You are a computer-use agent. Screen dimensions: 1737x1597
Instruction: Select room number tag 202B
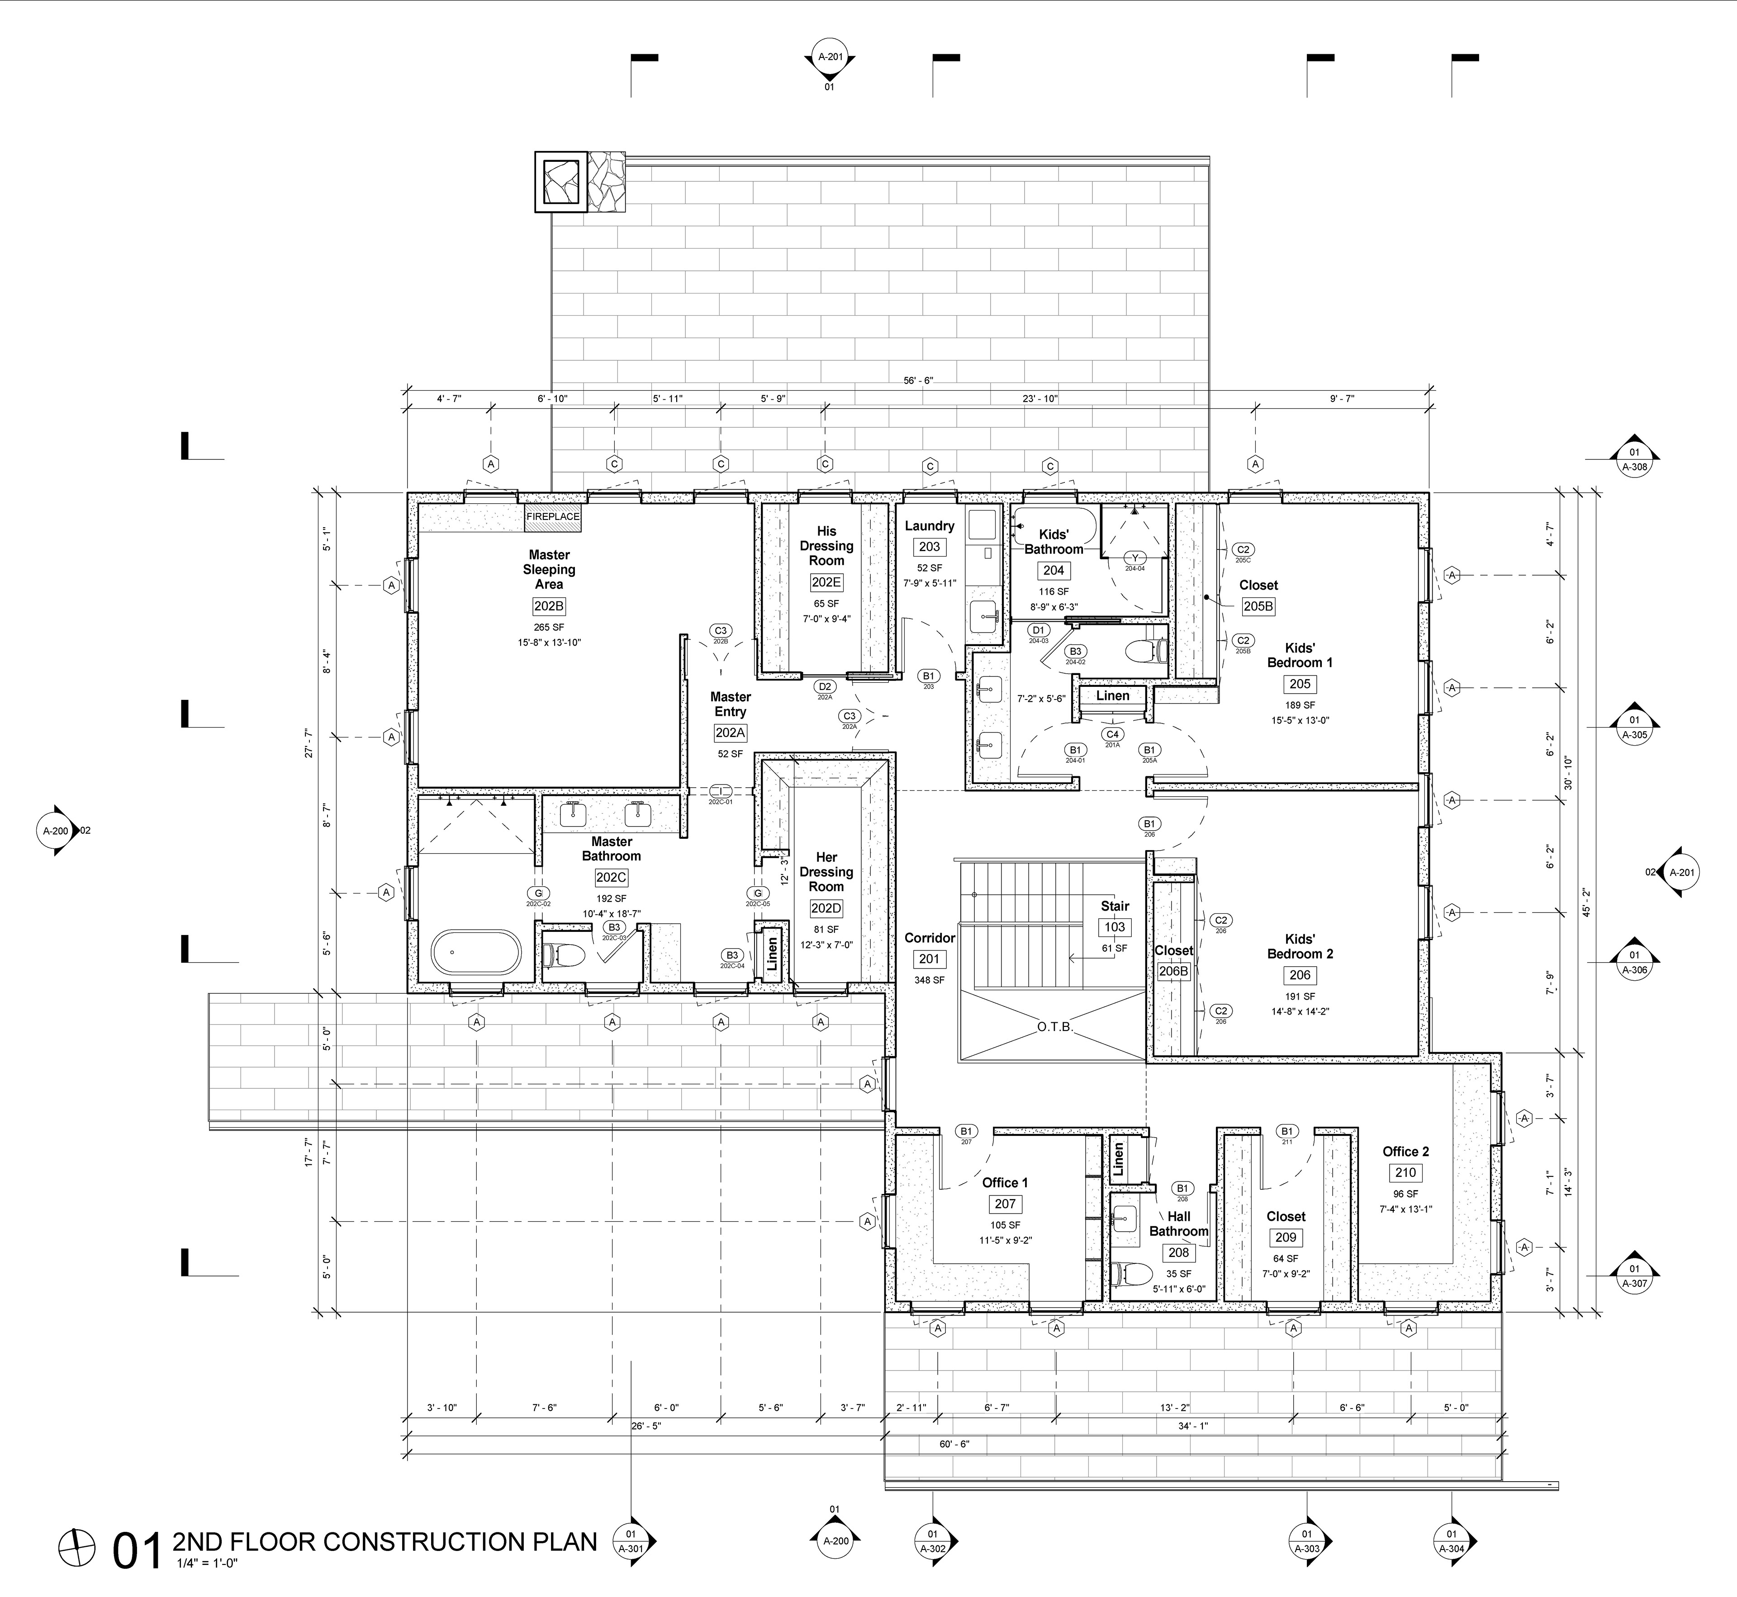point(549,607)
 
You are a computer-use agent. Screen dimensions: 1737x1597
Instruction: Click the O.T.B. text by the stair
point(1055,1027)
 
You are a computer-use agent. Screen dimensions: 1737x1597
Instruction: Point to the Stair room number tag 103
point(1115,927)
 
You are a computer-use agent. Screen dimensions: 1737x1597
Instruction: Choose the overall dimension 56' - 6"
point(918,380)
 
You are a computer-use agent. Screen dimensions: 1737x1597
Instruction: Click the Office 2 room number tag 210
point(1405,1173)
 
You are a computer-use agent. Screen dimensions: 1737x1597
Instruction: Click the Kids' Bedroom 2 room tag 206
point(1300,975)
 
